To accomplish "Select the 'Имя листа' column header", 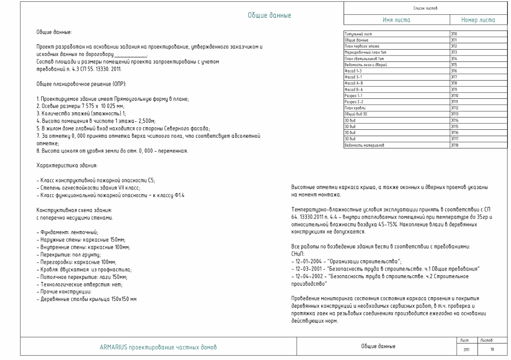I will [397, 20].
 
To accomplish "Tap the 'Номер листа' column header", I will [478, 20].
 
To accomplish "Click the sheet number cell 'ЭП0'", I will [455, 33].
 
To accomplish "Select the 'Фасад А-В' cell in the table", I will [354, 84].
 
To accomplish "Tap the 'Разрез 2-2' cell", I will [354, 102].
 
